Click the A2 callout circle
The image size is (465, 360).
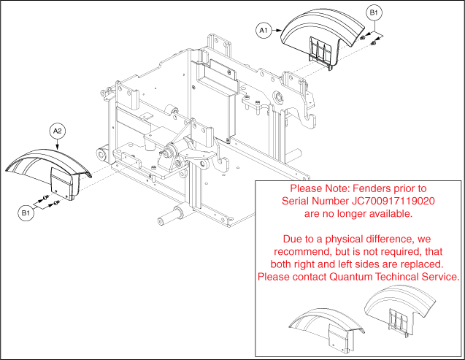tap(58, 131)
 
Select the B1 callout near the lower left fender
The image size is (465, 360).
tap(26, 213)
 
